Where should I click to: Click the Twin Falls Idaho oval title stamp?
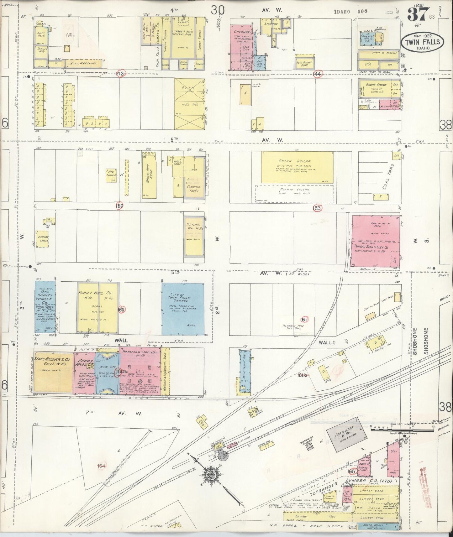pos(422,42)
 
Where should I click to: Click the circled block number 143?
pos(120,73)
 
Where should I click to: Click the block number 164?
pos(101,466)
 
